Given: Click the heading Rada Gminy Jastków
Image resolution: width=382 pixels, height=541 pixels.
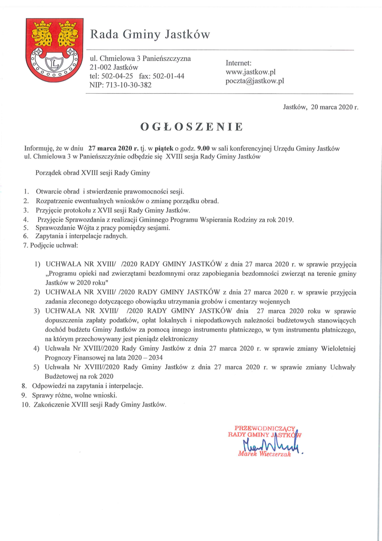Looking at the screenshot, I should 150,34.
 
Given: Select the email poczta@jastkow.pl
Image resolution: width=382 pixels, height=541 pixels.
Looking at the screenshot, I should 255,81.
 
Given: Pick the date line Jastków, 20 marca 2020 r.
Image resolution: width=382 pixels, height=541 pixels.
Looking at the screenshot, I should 321,107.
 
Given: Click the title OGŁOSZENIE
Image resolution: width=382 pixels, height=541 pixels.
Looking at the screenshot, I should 191,127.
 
